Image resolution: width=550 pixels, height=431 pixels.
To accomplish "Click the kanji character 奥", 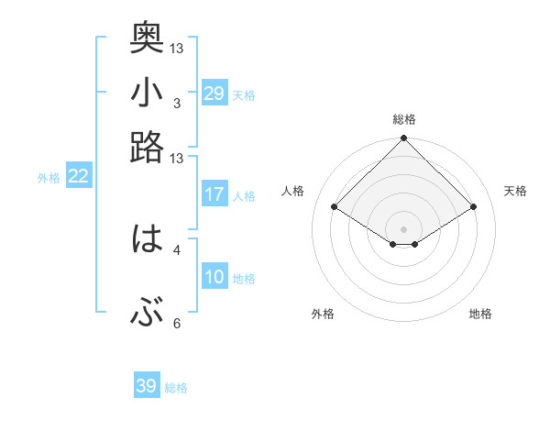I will click(147, 38).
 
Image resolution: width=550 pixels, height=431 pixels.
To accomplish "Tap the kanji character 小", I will click(147, 94).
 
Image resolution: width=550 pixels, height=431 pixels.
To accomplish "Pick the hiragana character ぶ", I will click(147, 315).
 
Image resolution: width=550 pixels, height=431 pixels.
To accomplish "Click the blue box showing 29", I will click(214, 94).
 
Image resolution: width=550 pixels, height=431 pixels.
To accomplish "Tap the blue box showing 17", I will click(214, 194).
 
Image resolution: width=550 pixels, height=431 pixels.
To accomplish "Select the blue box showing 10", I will click(214, 278).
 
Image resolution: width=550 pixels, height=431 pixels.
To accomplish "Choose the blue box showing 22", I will click(78, 177).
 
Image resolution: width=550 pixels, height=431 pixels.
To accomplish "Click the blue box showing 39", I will click(147, 386).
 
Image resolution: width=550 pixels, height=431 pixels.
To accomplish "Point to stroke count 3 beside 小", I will click(176, 103).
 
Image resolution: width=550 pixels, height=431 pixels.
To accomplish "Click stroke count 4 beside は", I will click(176, 249).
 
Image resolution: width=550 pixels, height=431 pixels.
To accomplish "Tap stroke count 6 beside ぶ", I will click(176, 324).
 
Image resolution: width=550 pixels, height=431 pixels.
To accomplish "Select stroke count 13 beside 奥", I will click(177, 48).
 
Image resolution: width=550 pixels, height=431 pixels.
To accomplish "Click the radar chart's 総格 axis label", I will click(403, 119).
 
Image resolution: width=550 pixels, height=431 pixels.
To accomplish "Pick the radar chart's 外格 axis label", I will click(323, 314).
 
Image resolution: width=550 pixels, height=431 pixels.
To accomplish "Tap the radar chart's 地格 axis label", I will click(480, 314).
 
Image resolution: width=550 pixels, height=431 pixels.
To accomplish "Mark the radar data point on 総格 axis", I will click(403, 139).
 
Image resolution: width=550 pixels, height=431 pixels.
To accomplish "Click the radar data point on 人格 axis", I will click(335, 207).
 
